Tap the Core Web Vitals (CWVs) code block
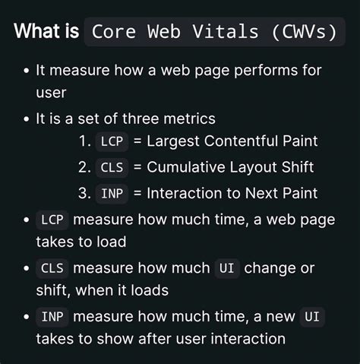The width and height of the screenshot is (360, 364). [x=213, y=33]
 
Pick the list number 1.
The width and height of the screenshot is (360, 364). [x=84, y=141]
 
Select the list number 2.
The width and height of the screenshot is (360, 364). [x=84, y=167]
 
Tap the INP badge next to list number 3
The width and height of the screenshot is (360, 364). [x=111, y=193]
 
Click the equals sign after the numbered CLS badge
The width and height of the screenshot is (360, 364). [x=137, y=167]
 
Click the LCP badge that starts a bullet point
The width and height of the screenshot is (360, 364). [x=52, y=220]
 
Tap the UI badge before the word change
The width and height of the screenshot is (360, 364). [x=226, y=268]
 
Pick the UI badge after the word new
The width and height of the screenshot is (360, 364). [x=311, y=316]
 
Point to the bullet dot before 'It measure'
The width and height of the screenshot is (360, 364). [x=26, y=71]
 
